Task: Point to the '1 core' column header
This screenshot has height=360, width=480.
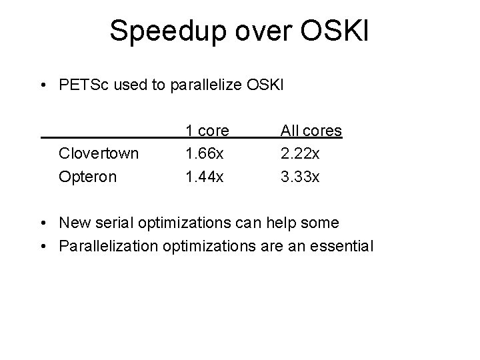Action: [207, 131]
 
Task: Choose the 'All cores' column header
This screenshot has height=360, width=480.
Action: [311, 131]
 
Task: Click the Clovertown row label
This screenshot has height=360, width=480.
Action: [99, 153]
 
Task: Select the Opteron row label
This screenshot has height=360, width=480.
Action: [87, 177]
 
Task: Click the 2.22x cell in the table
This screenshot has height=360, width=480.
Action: [301, 153]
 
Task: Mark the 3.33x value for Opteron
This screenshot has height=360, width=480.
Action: [301, 176]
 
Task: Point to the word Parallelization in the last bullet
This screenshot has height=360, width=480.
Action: [108, 246]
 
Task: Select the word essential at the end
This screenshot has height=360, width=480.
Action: [344, 245]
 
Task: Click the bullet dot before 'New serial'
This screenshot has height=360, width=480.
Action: [43, 223]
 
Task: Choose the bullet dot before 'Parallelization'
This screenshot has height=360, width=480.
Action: [43, 246]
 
